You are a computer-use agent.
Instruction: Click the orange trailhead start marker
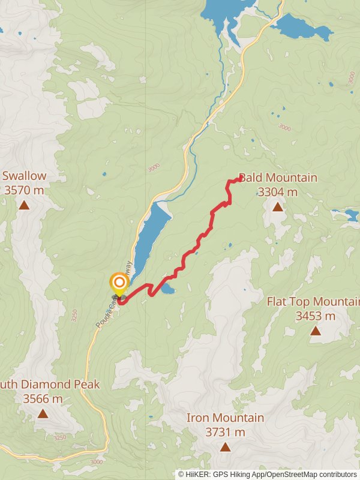tap(119, 283)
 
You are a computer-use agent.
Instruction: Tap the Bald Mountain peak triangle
tap(277, 207)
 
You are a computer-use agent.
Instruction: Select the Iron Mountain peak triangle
tap(225, 446)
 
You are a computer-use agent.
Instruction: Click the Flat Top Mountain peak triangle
tap(315, 331)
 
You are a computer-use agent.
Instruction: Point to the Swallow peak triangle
tap(23, 205)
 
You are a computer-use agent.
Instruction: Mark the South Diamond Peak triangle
tap(43, 413)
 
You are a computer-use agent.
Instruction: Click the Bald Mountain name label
tap(278, 178)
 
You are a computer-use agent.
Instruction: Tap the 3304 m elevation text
tap(277, 192)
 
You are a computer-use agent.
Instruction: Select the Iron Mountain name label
tap(225, 418)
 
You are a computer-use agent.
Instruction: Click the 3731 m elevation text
tap(225, 432)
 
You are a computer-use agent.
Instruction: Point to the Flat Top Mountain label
tap(312, 301)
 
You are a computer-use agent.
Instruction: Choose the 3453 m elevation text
tap(315, 316)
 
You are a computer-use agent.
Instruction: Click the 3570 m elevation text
tap(24, 190)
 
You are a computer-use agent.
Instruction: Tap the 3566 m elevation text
tap(43, 398)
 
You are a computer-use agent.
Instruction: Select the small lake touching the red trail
tap(167, 290)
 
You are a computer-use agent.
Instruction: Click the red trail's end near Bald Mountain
tap(240, 178)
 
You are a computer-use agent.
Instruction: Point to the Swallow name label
tap(24, 176)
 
